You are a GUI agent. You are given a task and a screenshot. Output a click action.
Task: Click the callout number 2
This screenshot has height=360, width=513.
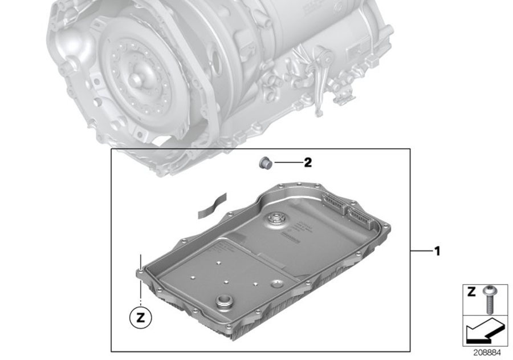click(308, 162)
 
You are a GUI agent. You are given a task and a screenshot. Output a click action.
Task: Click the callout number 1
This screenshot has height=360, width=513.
click(437, 251)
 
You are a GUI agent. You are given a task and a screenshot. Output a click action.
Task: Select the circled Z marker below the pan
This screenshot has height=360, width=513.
click(141, 317)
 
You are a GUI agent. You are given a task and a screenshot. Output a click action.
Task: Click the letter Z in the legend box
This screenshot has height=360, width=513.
click(471, 292)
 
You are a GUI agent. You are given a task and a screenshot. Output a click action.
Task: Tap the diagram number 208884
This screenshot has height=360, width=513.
click(487, 353)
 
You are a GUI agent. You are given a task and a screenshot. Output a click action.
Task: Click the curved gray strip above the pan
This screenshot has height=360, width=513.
click(212, 205)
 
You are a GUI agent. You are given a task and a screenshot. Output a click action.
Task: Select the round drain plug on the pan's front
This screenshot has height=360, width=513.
click(224, 301)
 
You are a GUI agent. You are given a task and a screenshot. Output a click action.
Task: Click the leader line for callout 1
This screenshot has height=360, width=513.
click(421, 251)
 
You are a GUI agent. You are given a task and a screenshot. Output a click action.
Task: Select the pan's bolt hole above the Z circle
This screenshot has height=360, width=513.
click(141, 270)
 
